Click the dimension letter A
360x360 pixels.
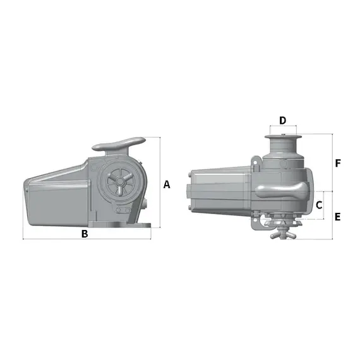click(167, 184)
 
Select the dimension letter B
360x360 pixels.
click(85, 234)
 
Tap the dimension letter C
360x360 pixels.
click(319, 205)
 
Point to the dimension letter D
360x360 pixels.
click(283, 120)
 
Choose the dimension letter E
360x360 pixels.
click(337, 217)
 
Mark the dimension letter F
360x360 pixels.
click(338, 163)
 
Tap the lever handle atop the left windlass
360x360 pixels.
click(121, 143)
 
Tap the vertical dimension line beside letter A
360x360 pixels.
click(160, 187)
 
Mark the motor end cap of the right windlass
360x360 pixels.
click(192, 192)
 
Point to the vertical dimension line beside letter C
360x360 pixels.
click(327, 205)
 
